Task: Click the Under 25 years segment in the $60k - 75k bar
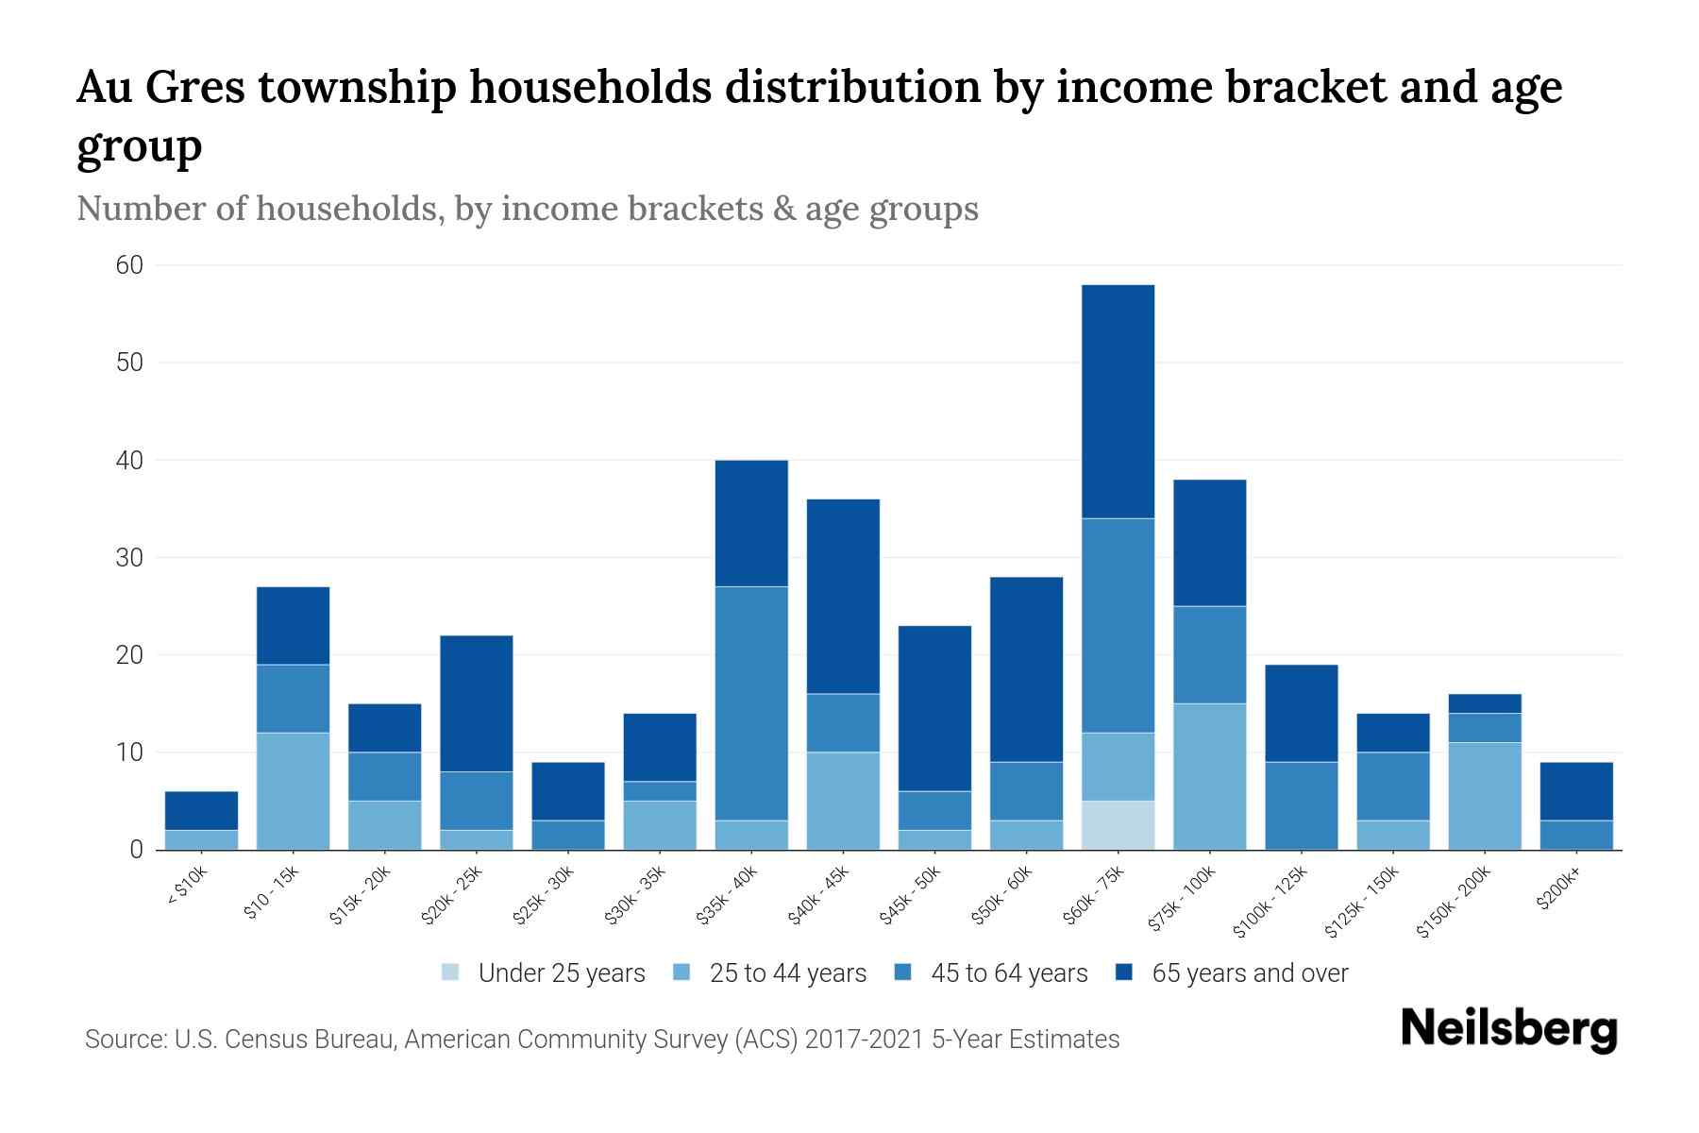click(1118, 825)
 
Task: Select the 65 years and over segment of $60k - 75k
click(1118, 401)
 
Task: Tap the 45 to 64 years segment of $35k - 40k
click(751, 703)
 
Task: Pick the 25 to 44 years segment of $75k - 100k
click(1209, 776)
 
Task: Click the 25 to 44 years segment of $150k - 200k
click(1485, 796)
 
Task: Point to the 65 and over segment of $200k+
click(1576, 791)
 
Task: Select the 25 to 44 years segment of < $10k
click(201, 839)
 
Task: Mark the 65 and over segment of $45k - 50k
click(934, 708)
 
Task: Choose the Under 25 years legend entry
click(562, 973)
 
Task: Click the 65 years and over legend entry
click(1250, 973)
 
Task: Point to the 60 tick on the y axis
click(130, 265)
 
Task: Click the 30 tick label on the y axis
click(130, 558)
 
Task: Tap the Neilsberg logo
click(1509, 1030)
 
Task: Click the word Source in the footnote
click(124, 1040)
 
